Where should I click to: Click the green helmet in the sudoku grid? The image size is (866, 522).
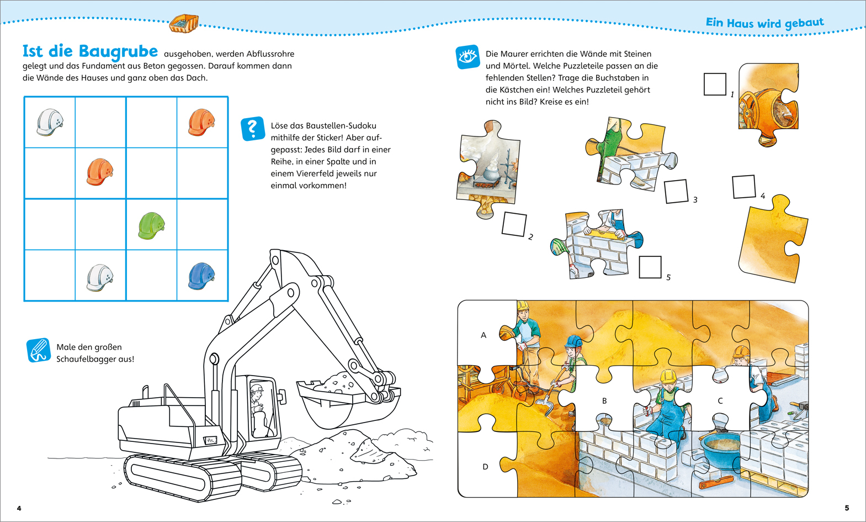pos(151,225)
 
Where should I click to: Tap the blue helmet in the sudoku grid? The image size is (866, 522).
pos(201,276)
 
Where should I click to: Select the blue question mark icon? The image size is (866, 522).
pos(252,129)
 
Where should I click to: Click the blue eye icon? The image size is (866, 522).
pos(468,57)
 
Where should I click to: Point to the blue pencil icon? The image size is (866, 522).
pos(38,350)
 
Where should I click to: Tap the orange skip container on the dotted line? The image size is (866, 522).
pos(184,24)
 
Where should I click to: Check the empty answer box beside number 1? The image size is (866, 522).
pos(715,84)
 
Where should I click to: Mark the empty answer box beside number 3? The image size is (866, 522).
pos(676,191)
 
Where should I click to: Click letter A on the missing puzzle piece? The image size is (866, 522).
pos(484,335)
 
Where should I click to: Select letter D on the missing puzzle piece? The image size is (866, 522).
pos(485,467)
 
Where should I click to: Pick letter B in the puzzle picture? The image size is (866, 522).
pos(604,401)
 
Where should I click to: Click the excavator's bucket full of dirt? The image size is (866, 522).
pos(348,399)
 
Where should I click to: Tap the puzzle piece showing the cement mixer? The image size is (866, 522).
pos(768,104)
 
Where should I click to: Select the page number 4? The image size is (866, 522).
pos(19,508)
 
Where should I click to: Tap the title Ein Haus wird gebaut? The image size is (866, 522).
pos(764,23)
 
